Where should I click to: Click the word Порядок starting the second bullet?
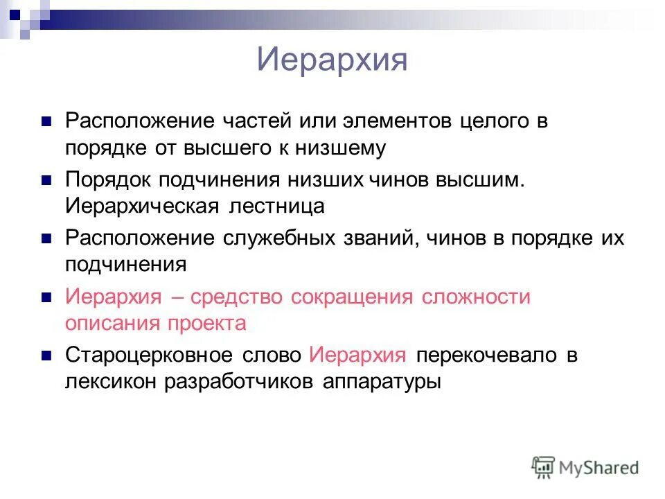pos(110,180)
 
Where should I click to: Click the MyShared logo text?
pos(598,468)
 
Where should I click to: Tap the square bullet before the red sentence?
pos(47,298)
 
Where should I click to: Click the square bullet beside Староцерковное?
pos(47,356)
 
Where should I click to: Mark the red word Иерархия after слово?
pos(357,356)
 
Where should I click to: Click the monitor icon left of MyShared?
pos(544,467)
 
